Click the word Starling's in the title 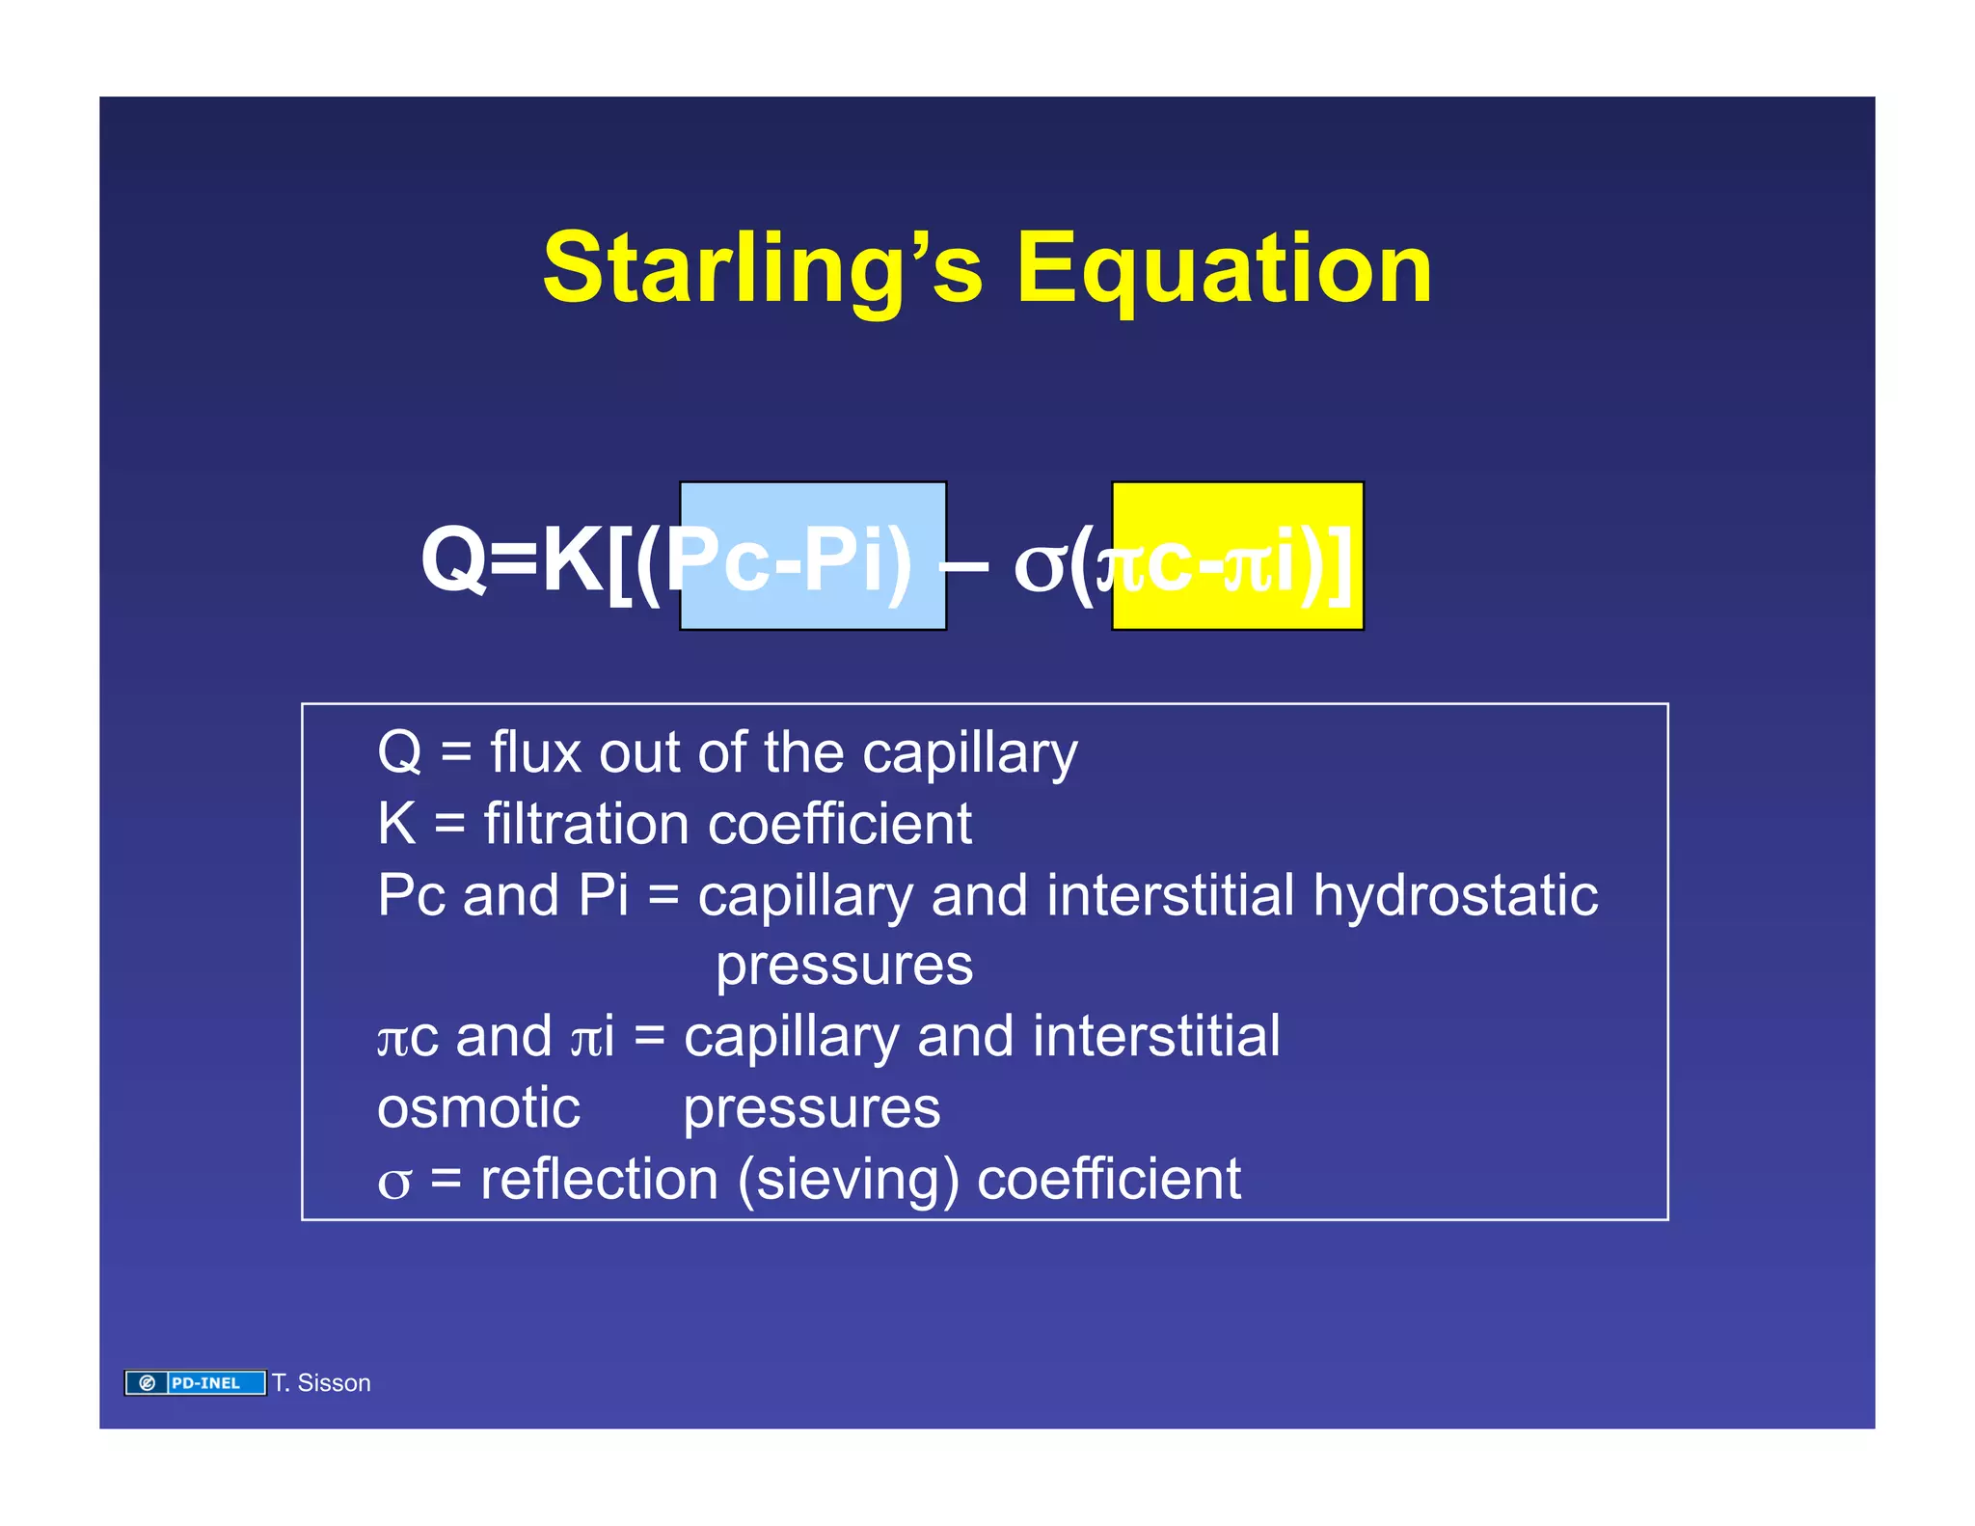762,270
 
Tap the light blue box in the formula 812,556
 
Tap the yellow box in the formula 1237,556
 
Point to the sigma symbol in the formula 1039,567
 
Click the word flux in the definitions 535,752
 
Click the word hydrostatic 1455,896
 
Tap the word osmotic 478,1107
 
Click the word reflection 599,1179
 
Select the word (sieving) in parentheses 848,1179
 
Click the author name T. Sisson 321,1382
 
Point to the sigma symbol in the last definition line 393,1183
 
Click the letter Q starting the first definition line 399,752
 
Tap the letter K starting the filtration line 396,825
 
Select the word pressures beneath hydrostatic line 844,965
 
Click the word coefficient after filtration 839,825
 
